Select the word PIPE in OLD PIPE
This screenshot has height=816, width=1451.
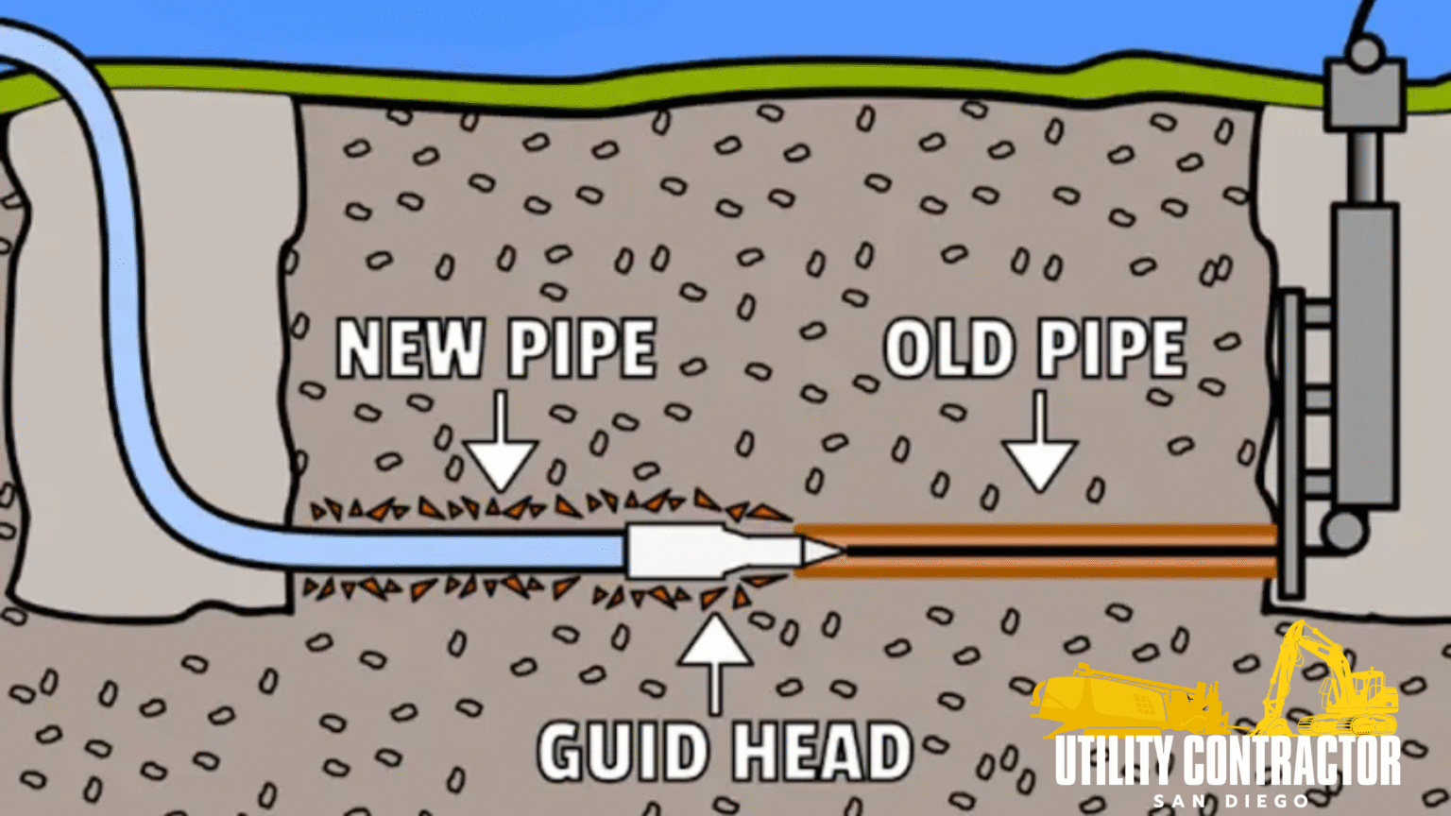[x=1112, y=348]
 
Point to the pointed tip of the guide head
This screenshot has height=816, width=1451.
[x=831, y=550]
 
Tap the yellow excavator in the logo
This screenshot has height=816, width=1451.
[x=1332, y=680]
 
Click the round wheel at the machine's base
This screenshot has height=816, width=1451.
[x=1343, y=531]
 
